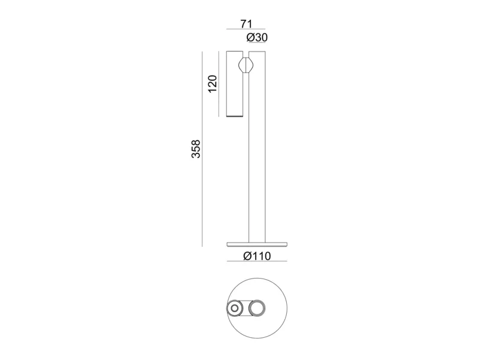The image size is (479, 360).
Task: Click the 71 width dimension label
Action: coord(246,23)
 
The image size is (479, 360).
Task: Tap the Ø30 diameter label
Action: coord(257,38)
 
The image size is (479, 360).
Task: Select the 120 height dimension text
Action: coord(213,84)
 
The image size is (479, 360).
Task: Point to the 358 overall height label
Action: coord(196,149)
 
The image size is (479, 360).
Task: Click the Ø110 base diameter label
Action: coord(257,256)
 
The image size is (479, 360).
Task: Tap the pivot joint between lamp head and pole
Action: coord(246,65)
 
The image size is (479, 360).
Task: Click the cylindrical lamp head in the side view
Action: coord(235,84)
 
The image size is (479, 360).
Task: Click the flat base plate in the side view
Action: coord(257,244)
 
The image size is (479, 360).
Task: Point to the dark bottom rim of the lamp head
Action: coord(235,116)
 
